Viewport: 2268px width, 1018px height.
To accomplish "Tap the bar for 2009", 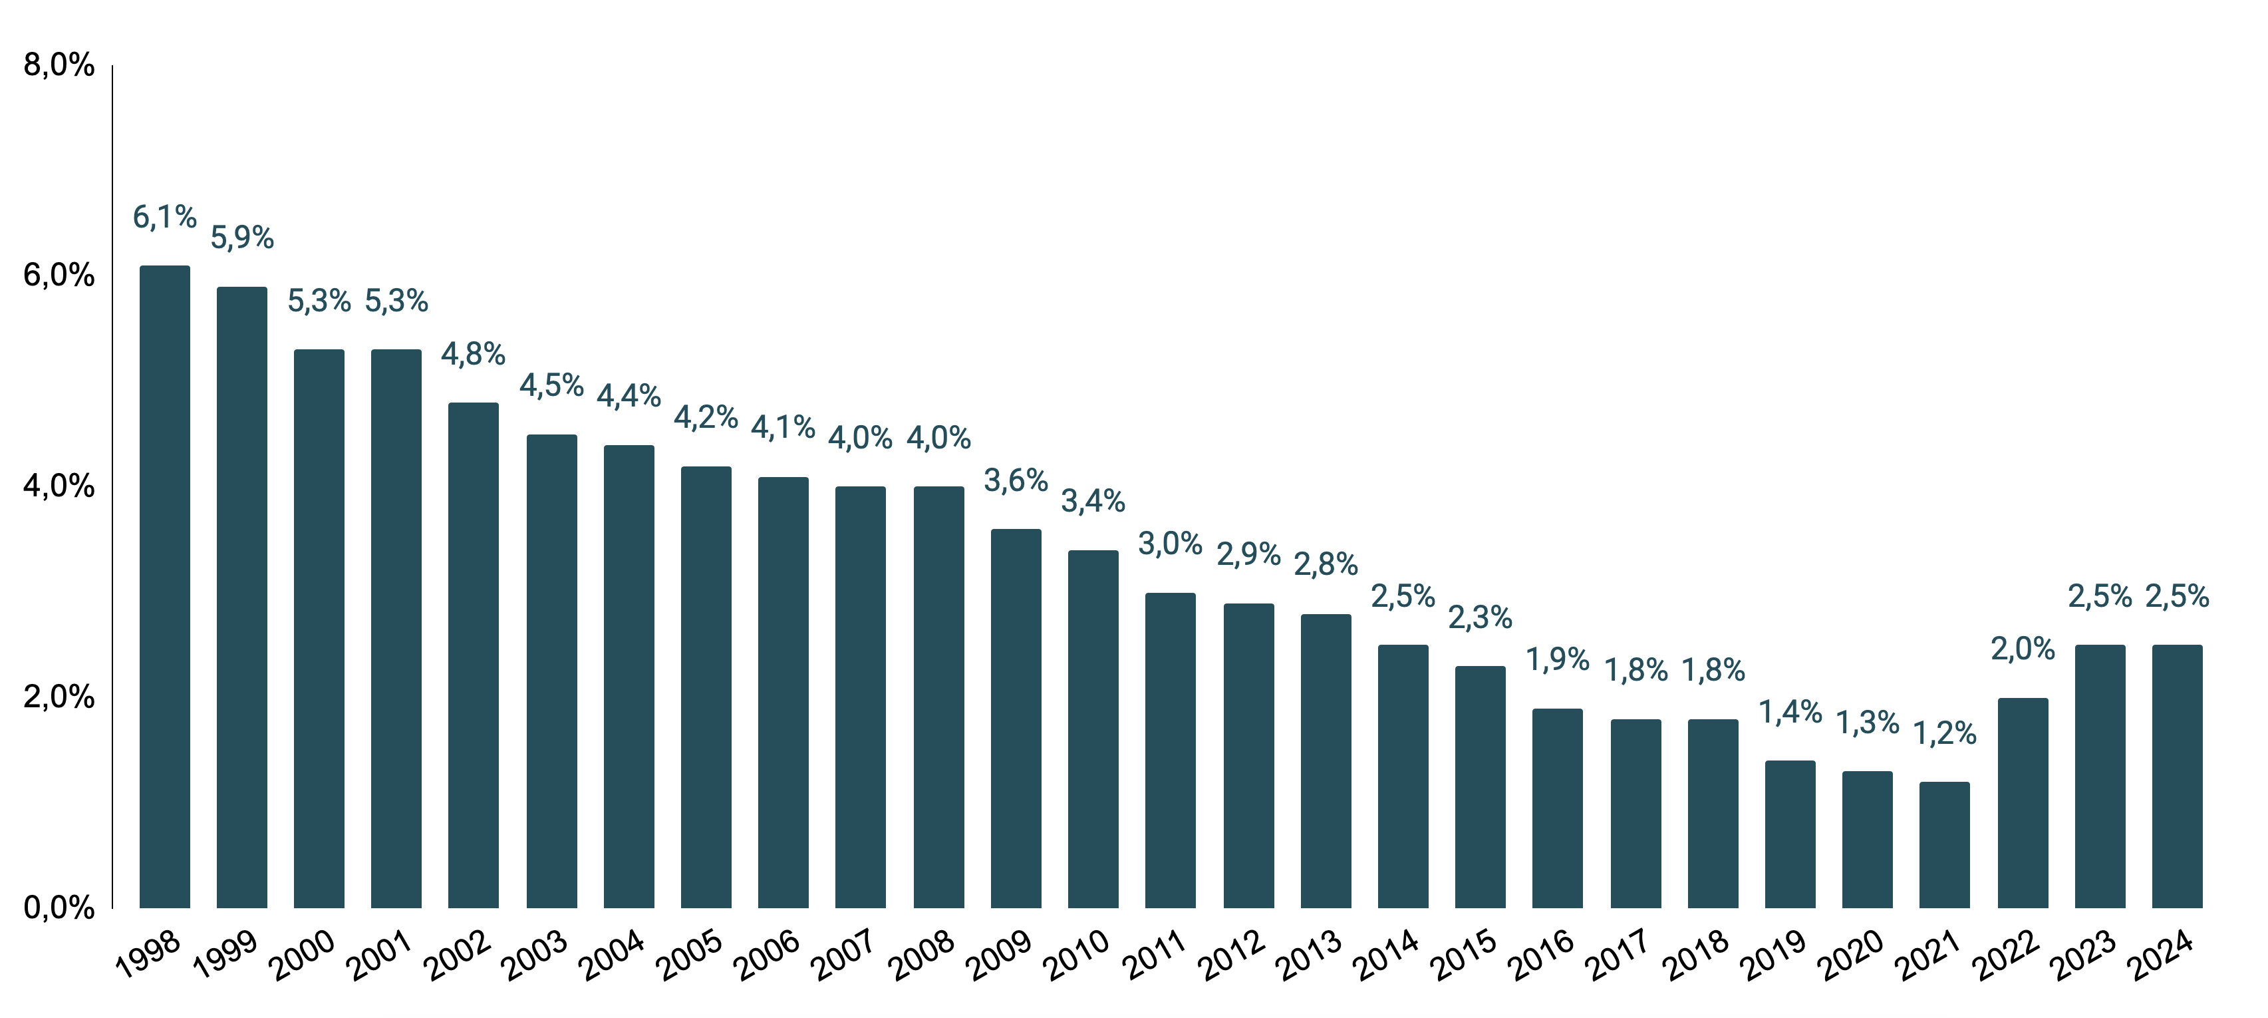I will pos(1016,718).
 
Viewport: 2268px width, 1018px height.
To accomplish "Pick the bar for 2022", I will pos(2023,802).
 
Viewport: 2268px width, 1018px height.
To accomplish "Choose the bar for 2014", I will pos(1403,776).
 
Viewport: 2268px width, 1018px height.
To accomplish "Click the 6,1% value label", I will pos(165,217).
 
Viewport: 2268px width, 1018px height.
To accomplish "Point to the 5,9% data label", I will pos(242,238).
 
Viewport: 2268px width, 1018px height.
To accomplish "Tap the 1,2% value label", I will pos(1945,733).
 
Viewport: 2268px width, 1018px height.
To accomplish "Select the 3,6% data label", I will pos(1016,481).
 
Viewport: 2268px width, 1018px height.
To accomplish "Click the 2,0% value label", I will pos(2023,649).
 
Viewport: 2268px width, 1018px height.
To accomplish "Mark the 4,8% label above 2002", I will pos(474,354).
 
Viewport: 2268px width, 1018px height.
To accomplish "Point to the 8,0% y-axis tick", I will pos(58,65).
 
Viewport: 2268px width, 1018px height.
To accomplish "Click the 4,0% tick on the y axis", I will pos(58,486).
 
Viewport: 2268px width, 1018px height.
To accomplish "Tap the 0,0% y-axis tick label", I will pos(58,908).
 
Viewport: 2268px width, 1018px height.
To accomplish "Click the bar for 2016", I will pos(1558,808).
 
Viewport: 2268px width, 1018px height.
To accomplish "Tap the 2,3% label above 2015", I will pos(1480,618).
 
